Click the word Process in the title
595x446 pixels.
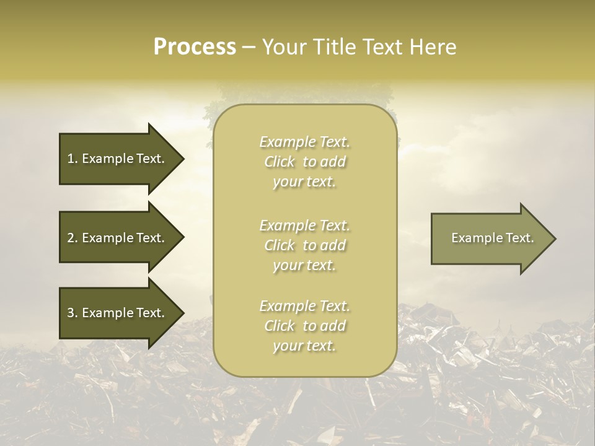point(195,47)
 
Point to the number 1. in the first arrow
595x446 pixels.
point(73,159)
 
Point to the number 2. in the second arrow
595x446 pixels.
point(73,238)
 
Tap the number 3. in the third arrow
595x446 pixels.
point(73,313)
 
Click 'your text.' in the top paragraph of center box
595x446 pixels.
point(304,182)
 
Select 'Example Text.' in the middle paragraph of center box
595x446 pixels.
point(304,225)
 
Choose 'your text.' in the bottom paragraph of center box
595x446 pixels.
point(304,346)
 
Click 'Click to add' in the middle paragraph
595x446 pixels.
point(304,246)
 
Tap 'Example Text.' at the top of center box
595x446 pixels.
point(304,142)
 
